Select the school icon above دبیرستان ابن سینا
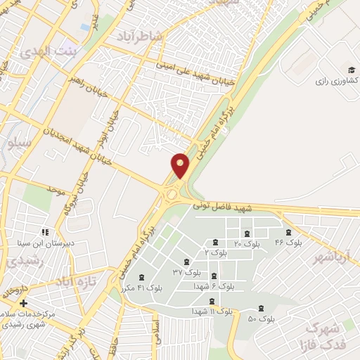[44, 232]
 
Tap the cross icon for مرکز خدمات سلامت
[24, 303]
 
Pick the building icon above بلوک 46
[288, 233]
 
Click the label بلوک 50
[262, 319]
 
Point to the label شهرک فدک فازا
[323, 335]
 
